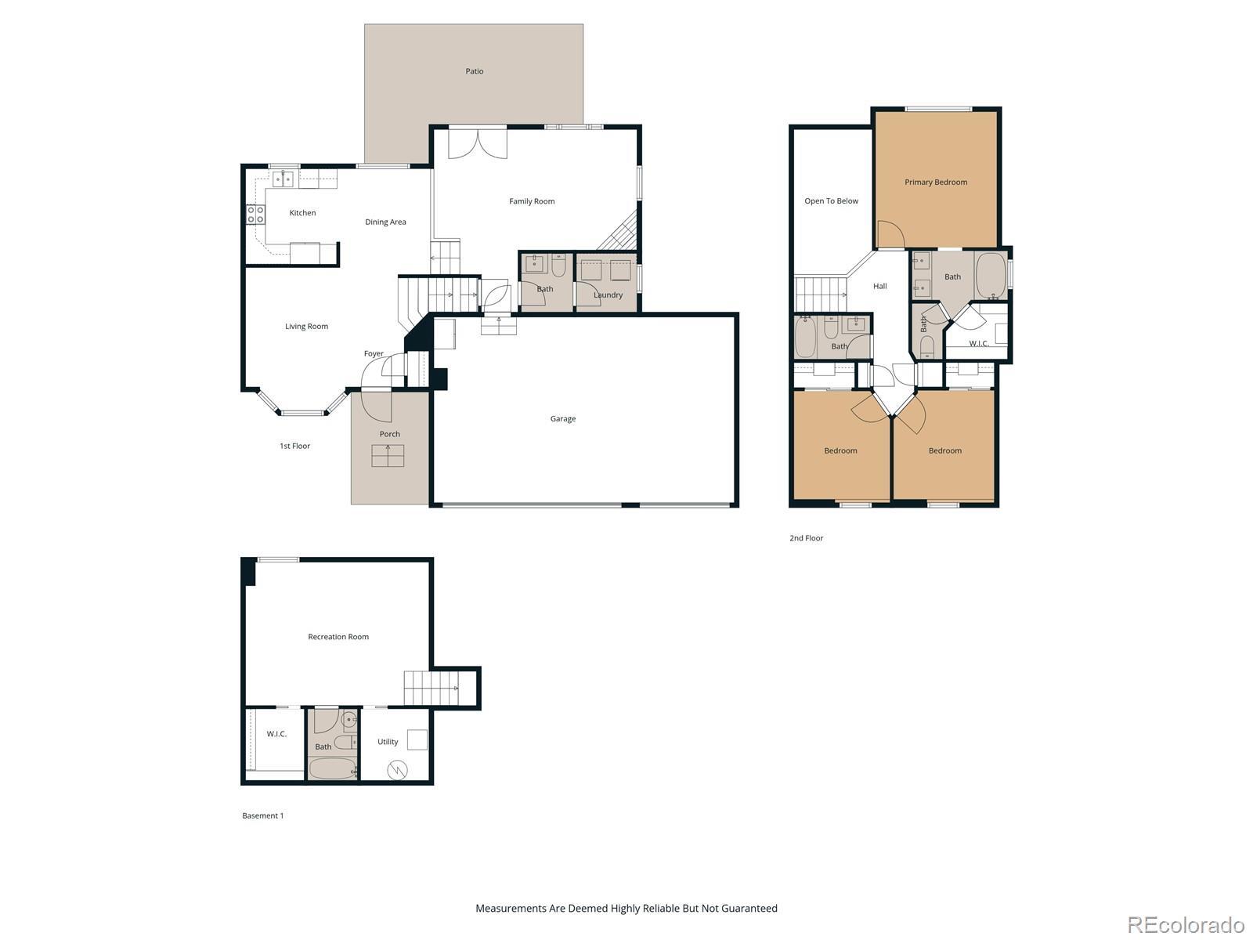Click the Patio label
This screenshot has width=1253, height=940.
(474, 71)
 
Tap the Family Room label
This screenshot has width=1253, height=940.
(532, 201)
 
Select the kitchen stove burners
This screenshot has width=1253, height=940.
(255, 215)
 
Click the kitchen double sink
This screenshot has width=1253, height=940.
(283, 179)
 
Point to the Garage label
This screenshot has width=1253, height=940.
(562, 419)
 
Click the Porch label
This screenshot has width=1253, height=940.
(389, 434)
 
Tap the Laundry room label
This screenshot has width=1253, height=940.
(608, 295)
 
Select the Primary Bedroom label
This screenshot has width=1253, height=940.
(936, 182)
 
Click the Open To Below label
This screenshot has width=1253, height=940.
(831, 201)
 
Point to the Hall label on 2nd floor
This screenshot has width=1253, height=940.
(879, 286)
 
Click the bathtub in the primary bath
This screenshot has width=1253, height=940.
(991, 276)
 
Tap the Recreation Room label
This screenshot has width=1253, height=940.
(338, 636)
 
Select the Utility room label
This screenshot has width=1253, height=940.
(387, 741)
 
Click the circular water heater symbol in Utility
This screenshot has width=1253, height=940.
(397, 771)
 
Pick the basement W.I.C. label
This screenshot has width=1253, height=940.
(276, 733)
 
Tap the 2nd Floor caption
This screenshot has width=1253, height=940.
(806, 537)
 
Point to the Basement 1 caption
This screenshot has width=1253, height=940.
(262, 815)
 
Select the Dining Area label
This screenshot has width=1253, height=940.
(385, 222)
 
